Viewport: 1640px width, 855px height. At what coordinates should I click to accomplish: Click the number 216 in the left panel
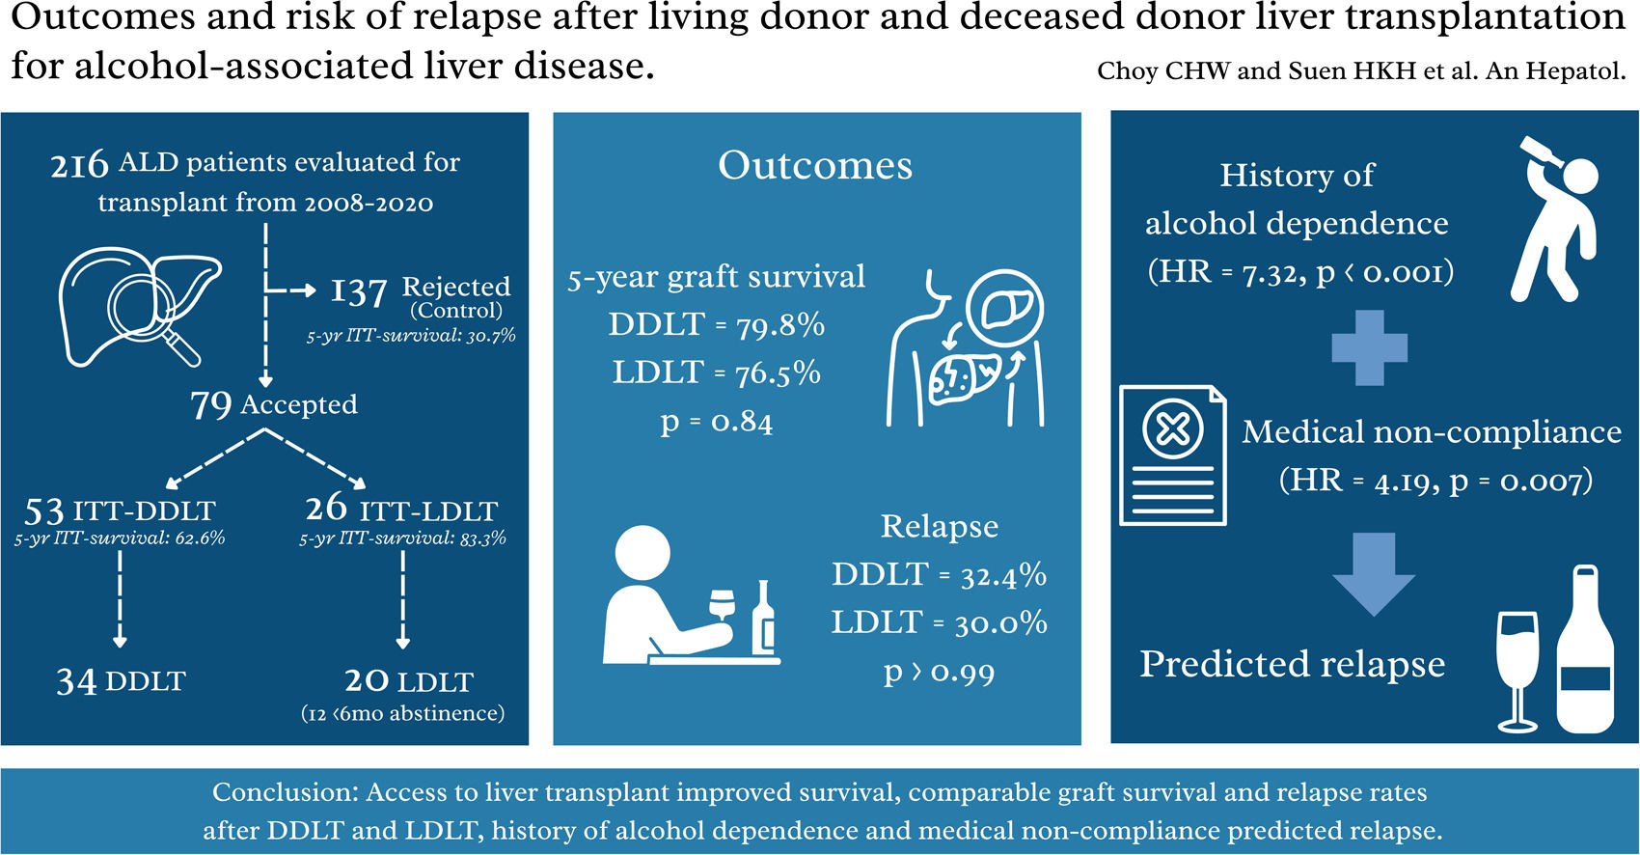tap(79, 165)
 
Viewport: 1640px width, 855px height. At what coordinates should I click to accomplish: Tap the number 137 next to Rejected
tap(359, 291)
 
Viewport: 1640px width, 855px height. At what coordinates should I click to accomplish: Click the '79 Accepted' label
tap(274, 404)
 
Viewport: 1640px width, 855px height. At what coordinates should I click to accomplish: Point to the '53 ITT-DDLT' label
tap(120, 510)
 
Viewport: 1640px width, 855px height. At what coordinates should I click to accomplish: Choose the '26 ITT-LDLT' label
tap(401, 509)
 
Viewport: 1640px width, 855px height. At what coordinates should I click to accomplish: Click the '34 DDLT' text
tap(121, 681)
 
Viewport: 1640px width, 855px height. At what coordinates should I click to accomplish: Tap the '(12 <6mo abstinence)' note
tap(403, 714)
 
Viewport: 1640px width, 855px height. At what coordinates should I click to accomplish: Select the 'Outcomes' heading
tap(815, 165)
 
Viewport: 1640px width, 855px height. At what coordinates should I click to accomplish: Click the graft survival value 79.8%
tap(780, 326)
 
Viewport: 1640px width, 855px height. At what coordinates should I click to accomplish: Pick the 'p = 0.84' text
tap(716, 422)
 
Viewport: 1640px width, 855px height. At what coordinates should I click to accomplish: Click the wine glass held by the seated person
tap(721, 605)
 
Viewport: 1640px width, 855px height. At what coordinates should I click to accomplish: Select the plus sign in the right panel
tap(1369, 348)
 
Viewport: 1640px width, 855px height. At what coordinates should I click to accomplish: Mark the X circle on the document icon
tap(1172, 429)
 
